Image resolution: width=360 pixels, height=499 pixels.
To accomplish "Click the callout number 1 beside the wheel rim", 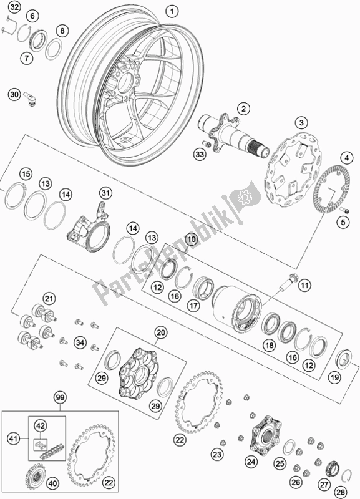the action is [x=172, y=12].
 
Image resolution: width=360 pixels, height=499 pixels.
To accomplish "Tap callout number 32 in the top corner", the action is [x=14, y=7].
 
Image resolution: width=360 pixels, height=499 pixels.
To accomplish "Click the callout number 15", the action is [x=26, y=174].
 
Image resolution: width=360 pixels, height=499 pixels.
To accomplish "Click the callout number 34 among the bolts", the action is [x=80, y=342].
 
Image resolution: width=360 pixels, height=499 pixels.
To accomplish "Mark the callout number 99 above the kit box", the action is [x=59, y=397].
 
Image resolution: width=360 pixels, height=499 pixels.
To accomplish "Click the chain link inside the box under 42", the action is [x=40, y=443].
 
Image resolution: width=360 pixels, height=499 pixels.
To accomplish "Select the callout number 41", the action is [x=14, y=439].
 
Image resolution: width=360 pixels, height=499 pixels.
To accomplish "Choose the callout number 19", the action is [x=334, y=378].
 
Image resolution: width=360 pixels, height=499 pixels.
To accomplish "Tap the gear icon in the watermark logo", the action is [x=245, y=198].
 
